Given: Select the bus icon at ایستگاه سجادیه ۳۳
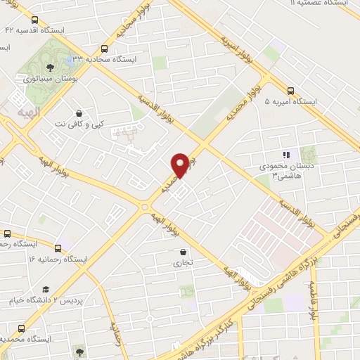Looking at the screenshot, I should coord(104,49).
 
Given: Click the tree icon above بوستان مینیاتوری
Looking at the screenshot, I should coord(50,67).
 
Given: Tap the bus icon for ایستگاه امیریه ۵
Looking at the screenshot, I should coord(290,89).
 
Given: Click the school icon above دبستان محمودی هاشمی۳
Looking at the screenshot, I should coord(285,155).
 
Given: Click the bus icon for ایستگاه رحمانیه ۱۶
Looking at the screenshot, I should coord(58,247).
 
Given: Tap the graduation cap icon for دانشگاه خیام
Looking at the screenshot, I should coord(46,289).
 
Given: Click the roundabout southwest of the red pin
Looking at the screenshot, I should coord(145,207).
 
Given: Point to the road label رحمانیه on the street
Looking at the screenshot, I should coord(117,330).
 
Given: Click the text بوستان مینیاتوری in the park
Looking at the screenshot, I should coord(50,79).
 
